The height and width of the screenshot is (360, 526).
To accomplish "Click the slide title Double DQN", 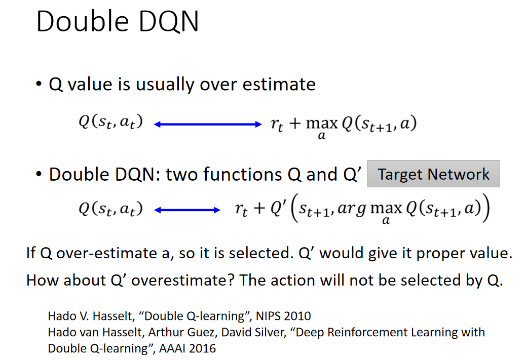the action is click(118, 21).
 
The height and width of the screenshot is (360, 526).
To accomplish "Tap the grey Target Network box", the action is click(434, 174).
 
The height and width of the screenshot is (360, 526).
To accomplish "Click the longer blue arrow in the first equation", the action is click(208, 125).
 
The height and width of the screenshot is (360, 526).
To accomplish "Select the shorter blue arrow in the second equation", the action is click(187, 210).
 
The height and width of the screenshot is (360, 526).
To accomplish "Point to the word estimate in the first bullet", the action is click(279, 84).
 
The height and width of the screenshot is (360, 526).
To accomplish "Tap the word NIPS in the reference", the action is click(268, 316).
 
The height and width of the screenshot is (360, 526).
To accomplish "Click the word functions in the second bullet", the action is click(243, 175).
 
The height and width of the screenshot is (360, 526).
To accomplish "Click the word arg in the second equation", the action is click(352, 209).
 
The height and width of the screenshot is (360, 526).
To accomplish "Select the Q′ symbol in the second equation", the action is click(278, 209).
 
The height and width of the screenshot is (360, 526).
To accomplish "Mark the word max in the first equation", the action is click(321, 124).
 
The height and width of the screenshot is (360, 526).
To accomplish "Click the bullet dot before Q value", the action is click(39, 84).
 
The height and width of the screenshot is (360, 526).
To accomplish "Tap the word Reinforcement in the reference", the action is click(367, 332).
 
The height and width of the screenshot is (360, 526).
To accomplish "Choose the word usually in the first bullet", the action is click(165, 85).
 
